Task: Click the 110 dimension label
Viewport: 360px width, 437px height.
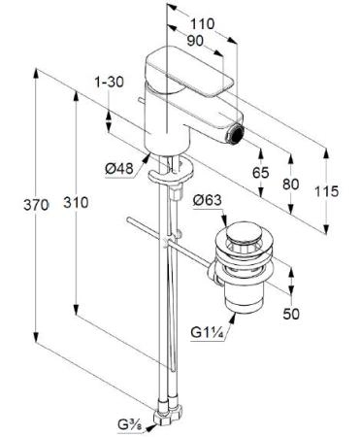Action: (202, 24)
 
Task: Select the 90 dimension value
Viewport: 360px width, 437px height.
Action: (195, 41)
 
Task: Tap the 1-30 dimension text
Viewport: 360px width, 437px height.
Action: (109, 83)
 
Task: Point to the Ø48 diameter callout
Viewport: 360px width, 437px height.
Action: (119, 169)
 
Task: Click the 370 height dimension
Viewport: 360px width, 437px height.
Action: (36, 205)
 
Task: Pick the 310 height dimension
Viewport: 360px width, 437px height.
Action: (76, 203)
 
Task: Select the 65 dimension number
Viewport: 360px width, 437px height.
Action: (260, 173)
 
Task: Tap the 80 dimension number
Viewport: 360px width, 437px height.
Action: (291, 185)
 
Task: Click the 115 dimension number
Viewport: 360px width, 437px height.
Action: (327, 191)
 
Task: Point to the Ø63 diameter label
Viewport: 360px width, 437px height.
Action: (208, 200)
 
